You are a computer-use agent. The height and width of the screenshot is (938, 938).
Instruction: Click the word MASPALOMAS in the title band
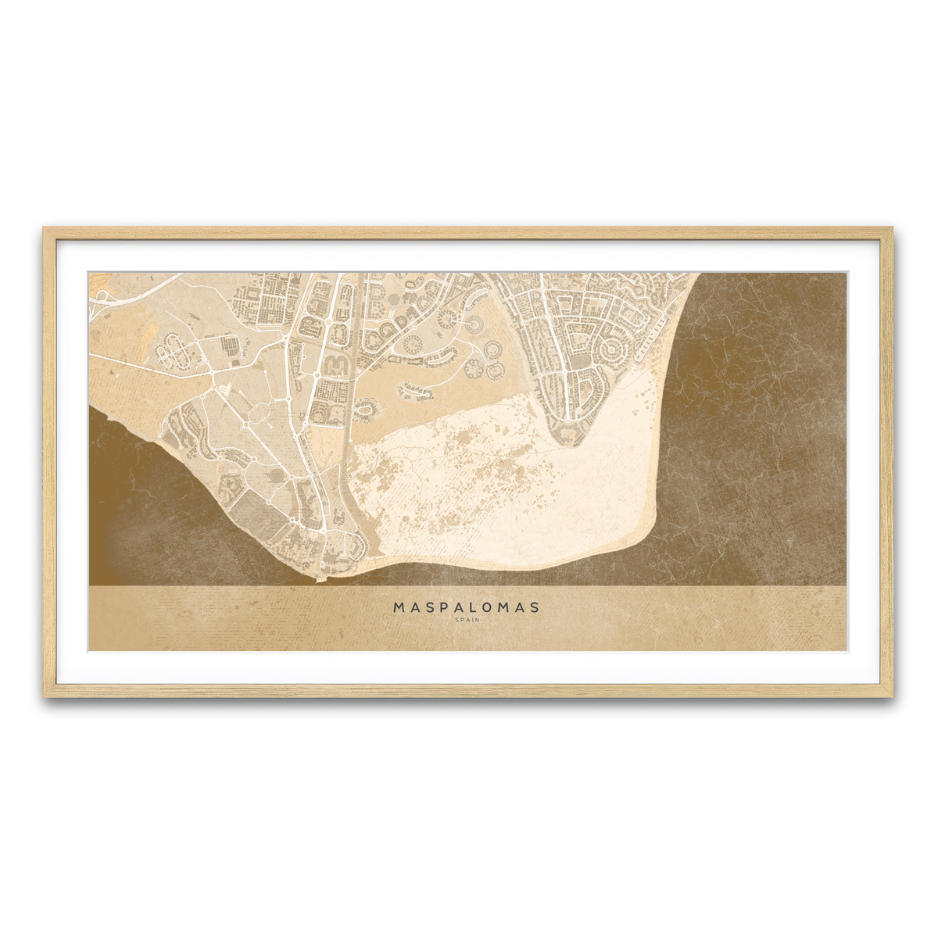tap(467, 607)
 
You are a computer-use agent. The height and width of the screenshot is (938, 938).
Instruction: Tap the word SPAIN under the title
tap(467, 620)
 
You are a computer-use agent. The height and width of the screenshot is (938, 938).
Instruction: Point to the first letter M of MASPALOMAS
tap(399, 607)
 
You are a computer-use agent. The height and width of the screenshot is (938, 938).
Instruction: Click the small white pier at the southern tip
tap(317, 580)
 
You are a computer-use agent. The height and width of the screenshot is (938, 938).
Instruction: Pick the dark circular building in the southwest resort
tap(274, 474)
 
